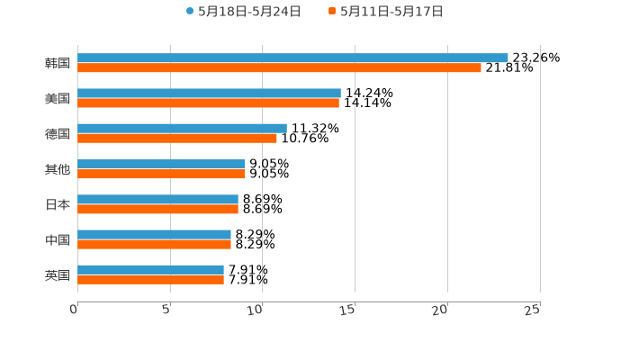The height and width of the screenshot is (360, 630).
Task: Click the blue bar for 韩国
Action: [x=292, y=58]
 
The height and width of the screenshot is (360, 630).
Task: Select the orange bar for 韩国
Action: [x=279, y=67]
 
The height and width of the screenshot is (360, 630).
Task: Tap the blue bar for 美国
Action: [x=209, y=93]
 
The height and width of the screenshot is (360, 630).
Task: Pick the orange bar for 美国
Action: [x=208, y=103]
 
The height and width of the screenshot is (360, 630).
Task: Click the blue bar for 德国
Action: [x=182, y=128]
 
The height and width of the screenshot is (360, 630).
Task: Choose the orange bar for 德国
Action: [x=177, y=138]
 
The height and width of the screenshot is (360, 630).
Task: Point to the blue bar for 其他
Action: [x=161, y=164]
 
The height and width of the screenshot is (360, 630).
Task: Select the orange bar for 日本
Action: [x=157, y=209]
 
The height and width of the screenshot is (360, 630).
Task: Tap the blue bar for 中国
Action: [x=154, y=234]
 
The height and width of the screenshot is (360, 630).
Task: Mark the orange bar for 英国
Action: [x=150, y=279]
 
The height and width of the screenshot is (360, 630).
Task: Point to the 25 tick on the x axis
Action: [x=533, y=310]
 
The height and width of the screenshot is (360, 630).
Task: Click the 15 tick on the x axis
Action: [x=348, y=310]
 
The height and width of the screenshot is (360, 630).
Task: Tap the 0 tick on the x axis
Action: [x=74, y=310]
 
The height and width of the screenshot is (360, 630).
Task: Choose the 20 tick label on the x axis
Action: [x=440, y=310]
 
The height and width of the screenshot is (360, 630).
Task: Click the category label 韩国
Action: [x=58, y=63]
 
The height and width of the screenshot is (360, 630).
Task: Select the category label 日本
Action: [x=58, y=204]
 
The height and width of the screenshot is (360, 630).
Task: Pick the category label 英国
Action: [x=58, y=274]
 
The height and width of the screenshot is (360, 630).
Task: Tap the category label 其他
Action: [x=58, y=169]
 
